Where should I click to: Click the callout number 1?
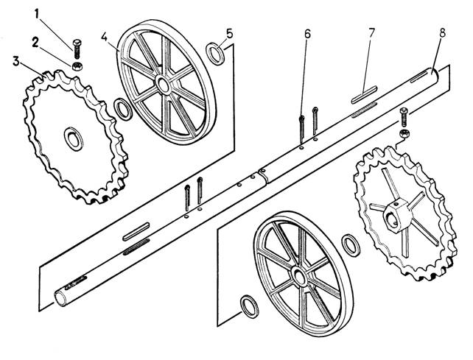pyautogui.click(x=37, y=14)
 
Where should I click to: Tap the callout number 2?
pyautogui.click(x=35, y=43)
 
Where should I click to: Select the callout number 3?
pyautogui.click(x=16, y=62)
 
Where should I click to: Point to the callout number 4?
pyautogui.click(x=104, y=37)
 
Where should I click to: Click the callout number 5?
pyautogui.click(x=230, y=33)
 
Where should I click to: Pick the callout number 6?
pyautogui.click(x=307, y=34)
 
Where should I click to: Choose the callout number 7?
pyautogui.click(x=371, y=33)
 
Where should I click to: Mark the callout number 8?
pyautogui.click(x=442, y=33)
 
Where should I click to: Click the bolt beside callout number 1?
pyautogui.click(x=77, y=49)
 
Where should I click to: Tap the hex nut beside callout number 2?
pyautogui.click(x=78, y=66)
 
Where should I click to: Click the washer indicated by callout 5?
pyautogui.click(x=215, y=54)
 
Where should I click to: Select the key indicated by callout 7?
pyautogui.click(x=364, y=95)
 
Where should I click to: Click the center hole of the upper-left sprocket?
pyautogui.click(x=74, y=139)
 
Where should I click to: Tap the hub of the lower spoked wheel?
pyautogui.click(x=300, y=277)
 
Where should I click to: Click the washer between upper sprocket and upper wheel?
pyautogui.click(x=123, y=109)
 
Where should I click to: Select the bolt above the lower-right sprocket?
pyautogui.click(x=404, y=117)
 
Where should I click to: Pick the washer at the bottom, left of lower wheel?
pyautogui.click(x=250, y=307)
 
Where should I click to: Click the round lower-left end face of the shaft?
pyautogui.click(x=60, y=299)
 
